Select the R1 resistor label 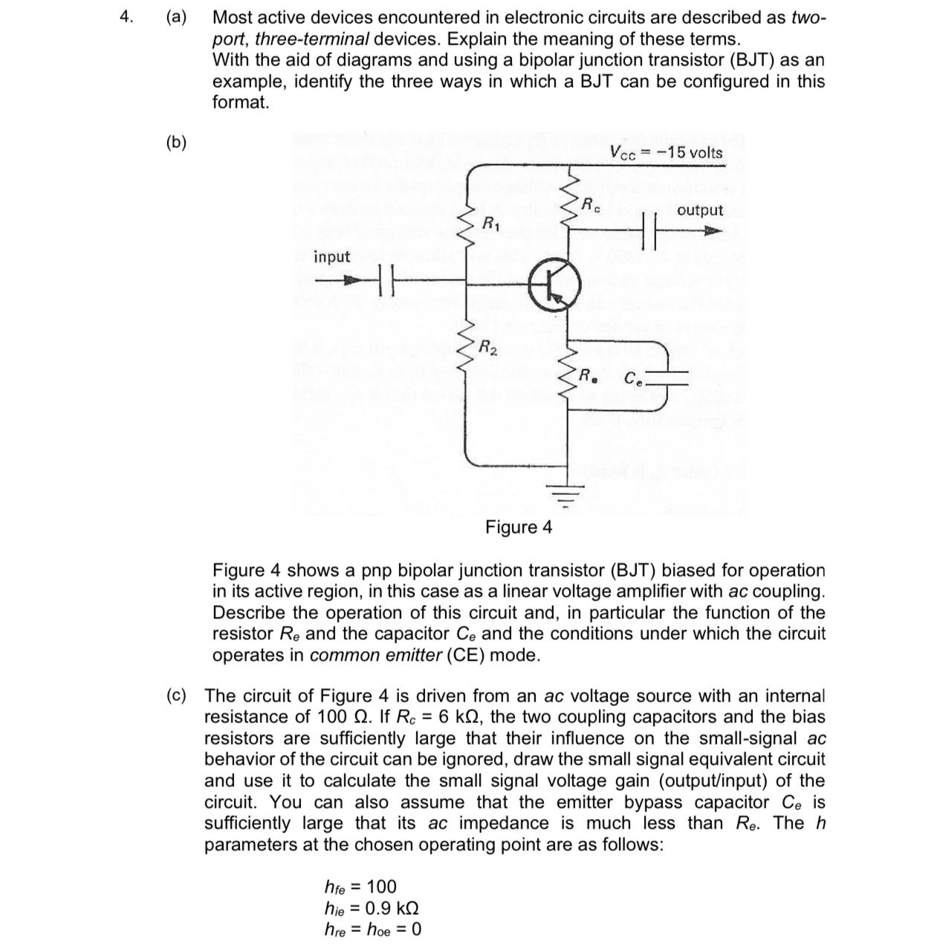(491, 222)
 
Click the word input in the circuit (331, 257)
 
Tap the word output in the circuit (699, 210)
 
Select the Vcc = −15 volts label (666, 153)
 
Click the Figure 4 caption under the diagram (519, 528)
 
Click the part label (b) (176, 142)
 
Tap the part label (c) (176, 696)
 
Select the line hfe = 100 (360, 887)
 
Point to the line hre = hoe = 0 (372, 929)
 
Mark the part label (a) (176, 17)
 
